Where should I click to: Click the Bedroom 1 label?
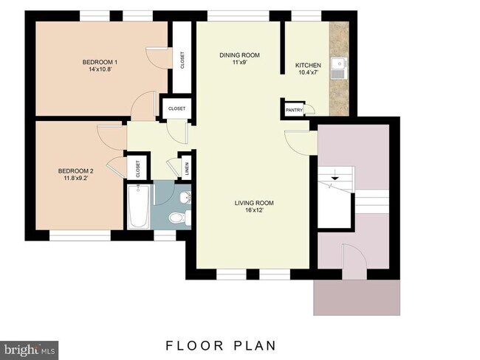click(100, 63)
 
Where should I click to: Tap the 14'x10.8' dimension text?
click(100, 69)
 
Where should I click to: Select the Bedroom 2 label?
click(76, 171)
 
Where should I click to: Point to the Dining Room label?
click(240, 55)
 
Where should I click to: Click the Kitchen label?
click(308, 66)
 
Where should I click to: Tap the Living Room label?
click(254, 203)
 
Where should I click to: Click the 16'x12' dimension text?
click(254, 210)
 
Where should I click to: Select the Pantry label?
click(294, 110)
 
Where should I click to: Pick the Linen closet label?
click(187, 168)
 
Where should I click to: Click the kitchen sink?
click(339, 69)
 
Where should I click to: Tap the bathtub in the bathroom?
click(139, 207)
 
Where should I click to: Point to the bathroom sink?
click(186, 197)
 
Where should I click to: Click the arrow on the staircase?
click(335, 176)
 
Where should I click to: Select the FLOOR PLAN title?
click(221, 346)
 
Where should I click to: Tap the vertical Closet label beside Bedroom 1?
click(182, 60)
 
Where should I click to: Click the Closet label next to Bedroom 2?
click(138, 169)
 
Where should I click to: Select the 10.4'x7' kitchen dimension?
click(309, 72)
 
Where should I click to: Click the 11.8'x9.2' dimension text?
click(76, 178)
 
